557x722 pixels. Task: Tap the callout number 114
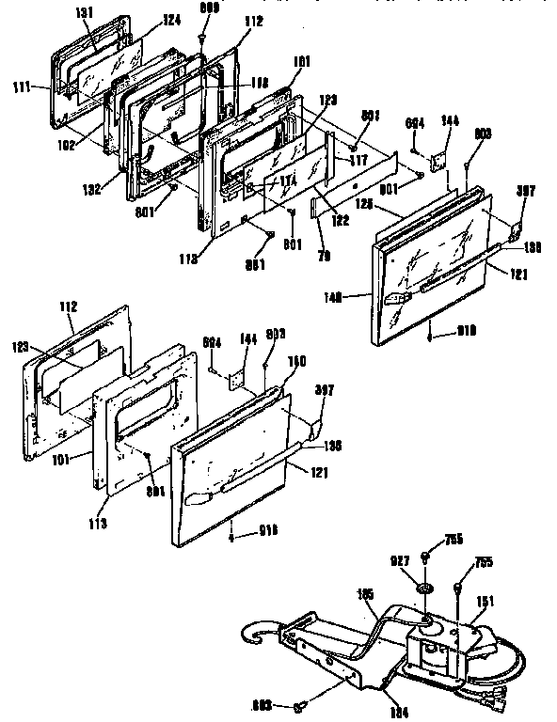(286, 180)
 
